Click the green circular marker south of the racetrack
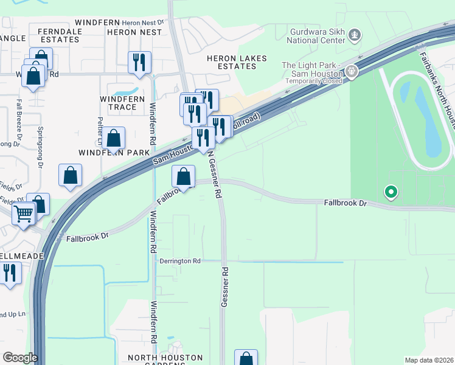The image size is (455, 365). (x=391, y=193)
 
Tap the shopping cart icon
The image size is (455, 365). (x=24, y=214)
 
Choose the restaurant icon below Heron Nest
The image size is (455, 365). (x=139, y=62)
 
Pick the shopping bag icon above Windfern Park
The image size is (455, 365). (x=113, y=138)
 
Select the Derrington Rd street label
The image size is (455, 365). (x=180, y=261)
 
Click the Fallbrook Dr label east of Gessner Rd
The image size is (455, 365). (x=346, y=201)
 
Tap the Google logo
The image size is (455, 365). (x=20, y=358)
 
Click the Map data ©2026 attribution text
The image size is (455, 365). (x=429, y=360)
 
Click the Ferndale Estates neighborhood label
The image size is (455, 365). (x=59, y=35)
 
